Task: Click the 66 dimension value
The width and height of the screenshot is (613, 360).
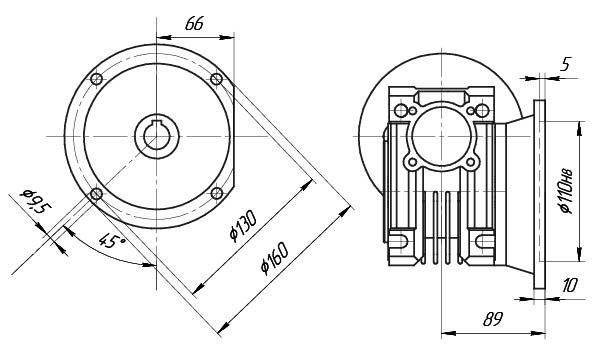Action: point(194,24)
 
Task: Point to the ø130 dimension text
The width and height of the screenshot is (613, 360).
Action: point(243,226)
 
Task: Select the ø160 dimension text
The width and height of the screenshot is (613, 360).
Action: point(274,258)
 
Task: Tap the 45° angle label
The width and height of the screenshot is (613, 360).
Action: point(111,241)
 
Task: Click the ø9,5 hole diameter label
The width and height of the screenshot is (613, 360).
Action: point(36,202)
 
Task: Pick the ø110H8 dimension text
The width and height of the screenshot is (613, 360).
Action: point(566,191)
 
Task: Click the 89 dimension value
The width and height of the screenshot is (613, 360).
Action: point(492,319)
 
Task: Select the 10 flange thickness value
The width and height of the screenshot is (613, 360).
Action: point(569,285)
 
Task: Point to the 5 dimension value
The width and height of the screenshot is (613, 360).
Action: point(565,64)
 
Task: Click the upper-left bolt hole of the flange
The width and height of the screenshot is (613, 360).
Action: point(97,79)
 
